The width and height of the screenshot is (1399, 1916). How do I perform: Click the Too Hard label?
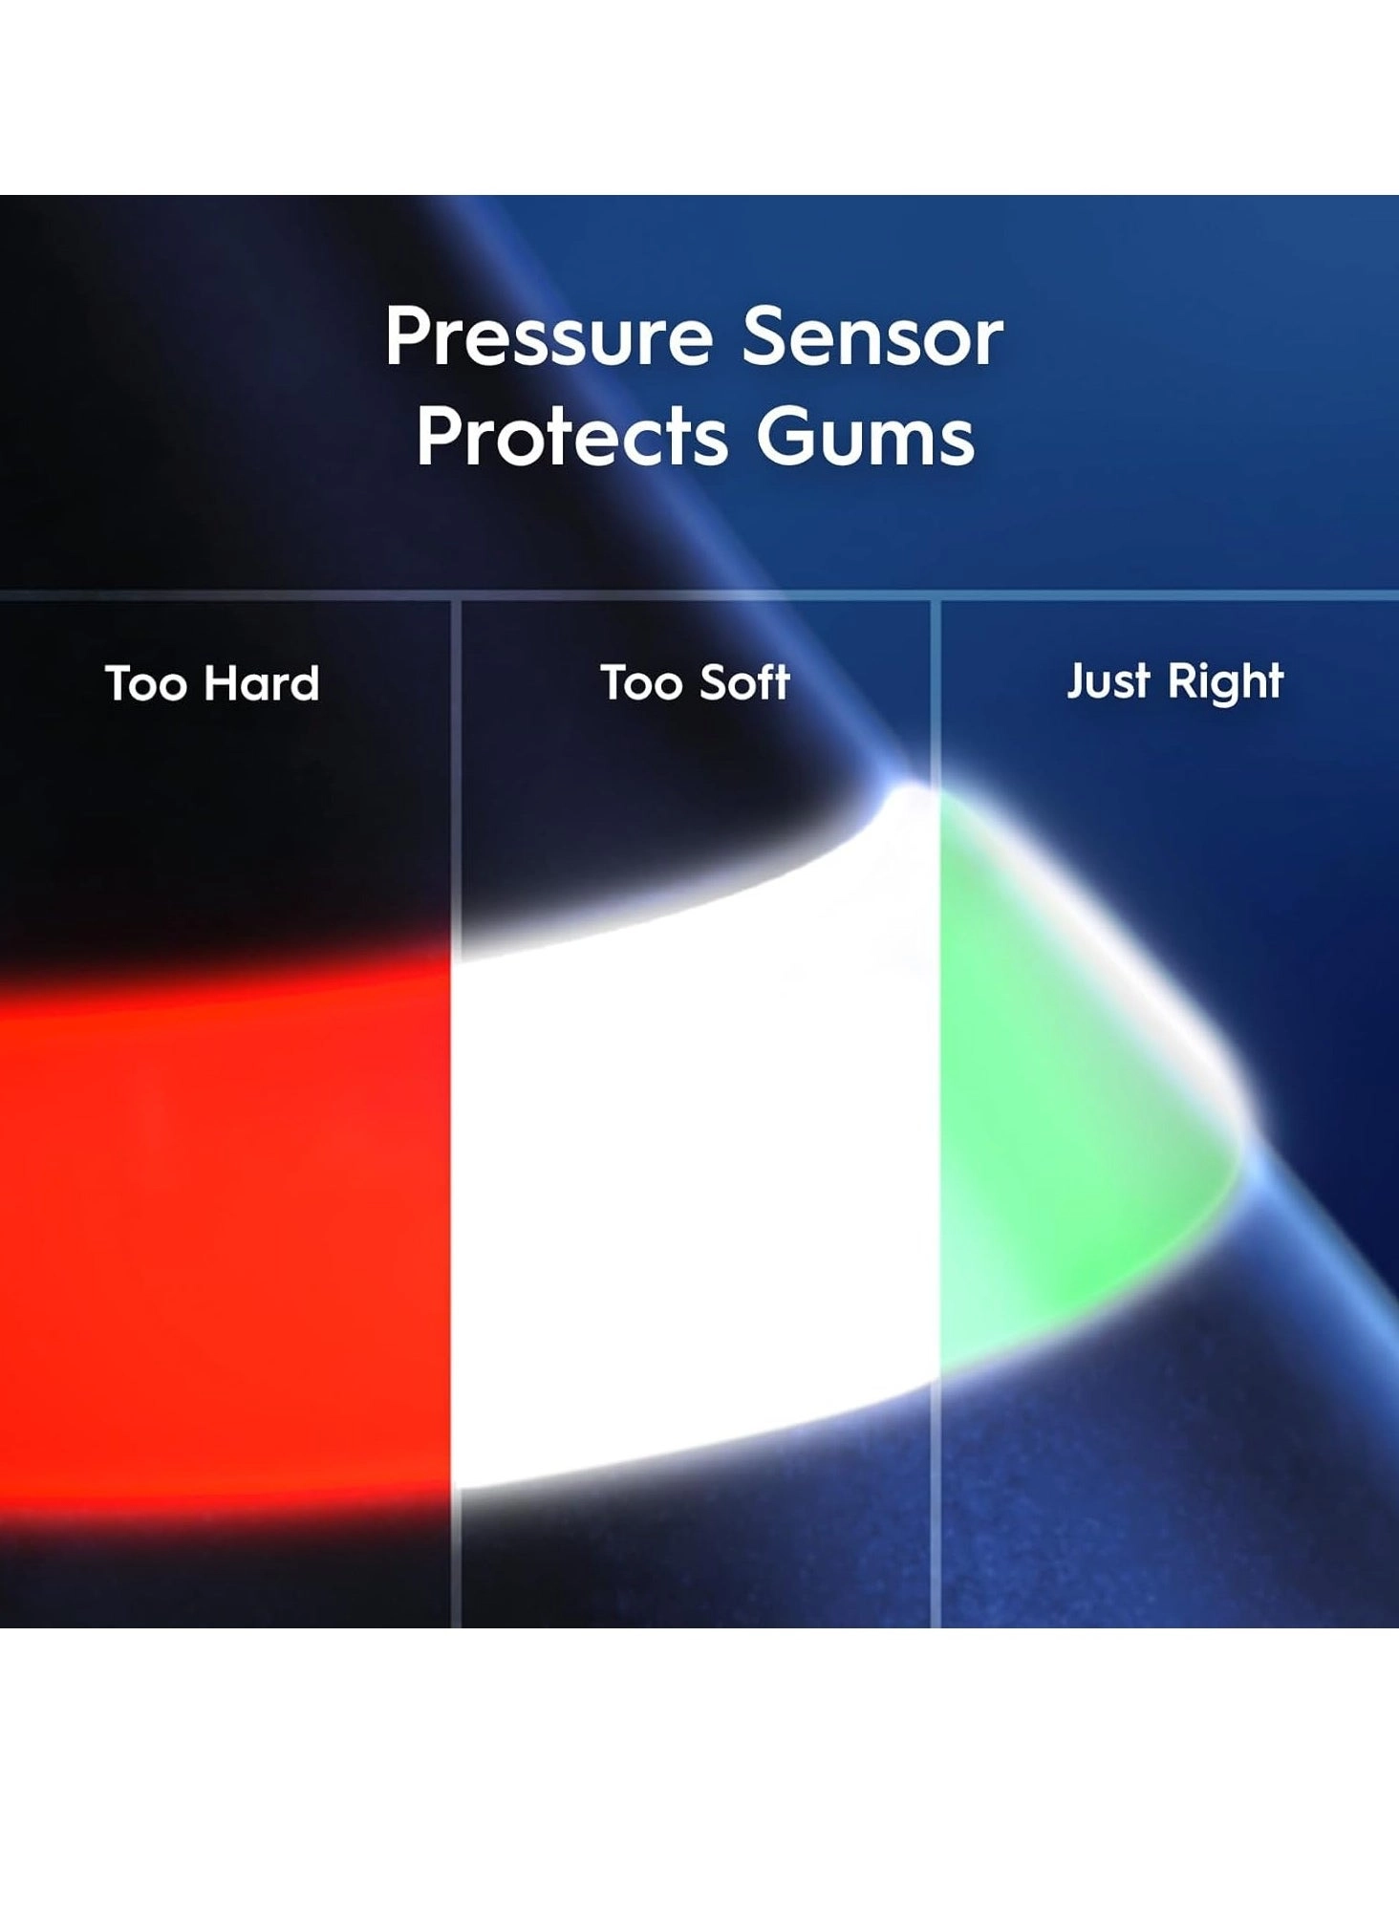212,683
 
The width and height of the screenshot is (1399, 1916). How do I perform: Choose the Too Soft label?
695,682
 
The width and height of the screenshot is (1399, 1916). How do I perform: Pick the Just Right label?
1174,682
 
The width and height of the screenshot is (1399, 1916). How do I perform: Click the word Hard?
262,683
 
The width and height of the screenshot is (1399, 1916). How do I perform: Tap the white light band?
696,1175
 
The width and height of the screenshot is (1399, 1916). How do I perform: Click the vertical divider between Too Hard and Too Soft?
456,1113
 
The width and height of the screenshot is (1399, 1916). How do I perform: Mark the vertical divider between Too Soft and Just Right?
936,1113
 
